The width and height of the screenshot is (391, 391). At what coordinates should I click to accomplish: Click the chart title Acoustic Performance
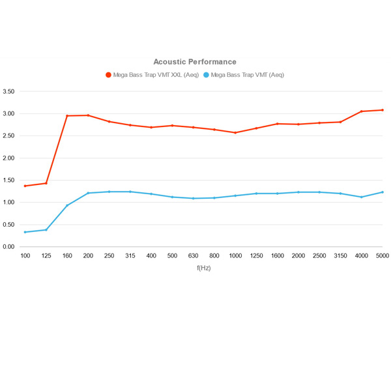(x=195, y=62)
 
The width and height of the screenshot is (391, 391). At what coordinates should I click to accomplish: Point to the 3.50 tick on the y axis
(x=8, y=92)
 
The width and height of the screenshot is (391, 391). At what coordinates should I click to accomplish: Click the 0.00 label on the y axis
(x=8, y=247)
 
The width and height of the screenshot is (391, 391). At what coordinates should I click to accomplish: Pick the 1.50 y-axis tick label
(x=8, y=181)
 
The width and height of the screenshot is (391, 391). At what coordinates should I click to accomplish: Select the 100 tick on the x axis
(x=25, y=257)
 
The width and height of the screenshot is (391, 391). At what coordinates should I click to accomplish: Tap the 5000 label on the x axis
(x=382, y=257)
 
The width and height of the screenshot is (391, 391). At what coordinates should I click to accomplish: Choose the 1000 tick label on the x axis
(x=235, y=257)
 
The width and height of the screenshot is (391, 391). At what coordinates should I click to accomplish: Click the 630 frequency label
(x=193, y=257)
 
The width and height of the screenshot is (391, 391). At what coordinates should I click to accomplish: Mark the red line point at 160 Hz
(x=67, y=116)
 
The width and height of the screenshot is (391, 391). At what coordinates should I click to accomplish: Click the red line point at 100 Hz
(x=25, y=186)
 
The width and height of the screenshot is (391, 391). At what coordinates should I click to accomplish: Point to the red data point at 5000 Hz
(x=382, y=110)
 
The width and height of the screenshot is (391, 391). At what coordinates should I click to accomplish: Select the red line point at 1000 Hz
(x=235, y=133)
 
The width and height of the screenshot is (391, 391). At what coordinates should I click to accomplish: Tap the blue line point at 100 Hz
(x=25, y=232)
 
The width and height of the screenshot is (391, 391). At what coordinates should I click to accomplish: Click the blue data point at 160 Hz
(x=67, y=206)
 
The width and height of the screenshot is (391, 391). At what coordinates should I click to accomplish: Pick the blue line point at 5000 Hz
(x=382, y=192)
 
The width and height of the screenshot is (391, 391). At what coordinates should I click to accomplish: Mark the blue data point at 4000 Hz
(x=361, y=197)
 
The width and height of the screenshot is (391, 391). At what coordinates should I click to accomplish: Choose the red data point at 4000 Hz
(x=361, y=111)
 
